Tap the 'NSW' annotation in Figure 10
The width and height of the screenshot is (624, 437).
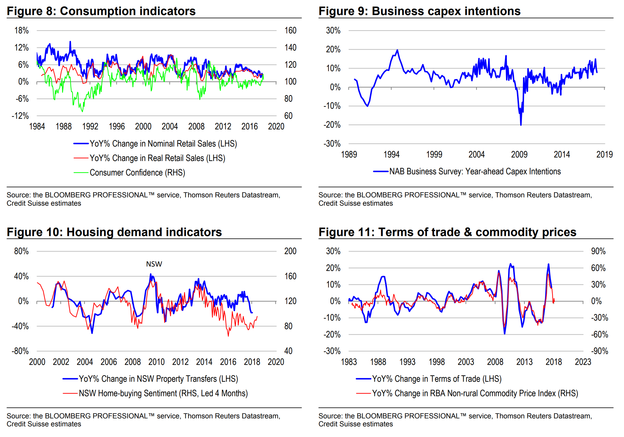click(154, 264)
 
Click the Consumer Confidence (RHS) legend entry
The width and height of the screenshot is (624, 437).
click(137, 173)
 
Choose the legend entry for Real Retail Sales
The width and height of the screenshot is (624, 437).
click(157, 158)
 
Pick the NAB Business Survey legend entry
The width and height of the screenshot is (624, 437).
click(475, 171)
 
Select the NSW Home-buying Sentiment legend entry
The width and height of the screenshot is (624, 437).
click(163, 393)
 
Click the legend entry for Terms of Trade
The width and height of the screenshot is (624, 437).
click(437, 379)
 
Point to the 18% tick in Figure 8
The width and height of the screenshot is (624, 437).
click(22, 30)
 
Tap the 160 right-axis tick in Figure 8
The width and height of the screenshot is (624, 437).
click(290, 30)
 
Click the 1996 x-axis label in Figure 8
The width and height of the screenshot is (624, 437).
click(117, 126)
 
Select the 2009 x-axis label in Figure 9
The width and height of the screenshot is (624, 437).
click(519, 155)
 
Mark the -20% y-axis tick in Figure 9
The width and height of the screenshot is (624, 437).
click(332, 125)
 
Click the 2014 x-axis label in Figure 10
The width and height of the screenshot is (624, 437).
click(204, 362)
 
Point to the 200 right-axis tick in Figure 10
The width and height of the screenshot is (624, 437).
click(290, 251)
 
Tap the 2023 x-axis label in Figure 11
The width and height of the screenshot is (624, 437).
click(583, 362)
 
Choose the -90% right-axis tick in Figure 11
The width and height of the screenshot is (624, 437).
click(599, 351)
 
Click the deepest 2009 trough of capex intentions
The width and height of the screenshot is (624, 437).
click(521, 125)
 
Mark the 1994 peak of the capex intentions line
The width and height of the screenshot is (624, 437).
click(397, 50)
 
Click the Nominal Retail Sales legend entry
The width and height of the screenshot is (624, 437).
click(163, 144)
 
